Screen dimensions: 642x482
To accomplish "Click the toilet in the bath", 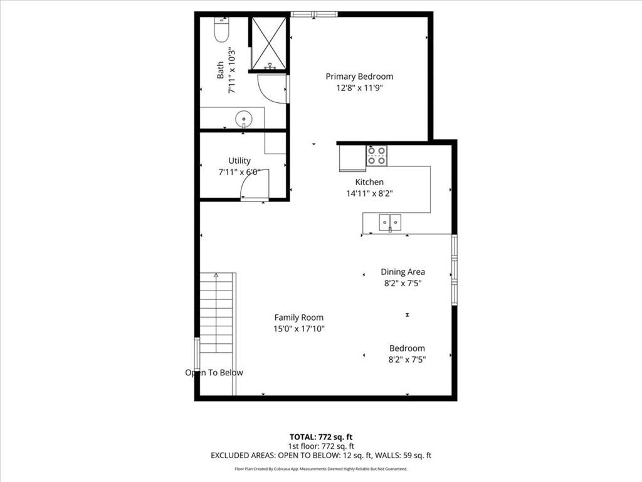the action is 221,29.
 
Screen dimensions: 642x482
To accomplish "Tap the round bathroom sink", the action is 244,119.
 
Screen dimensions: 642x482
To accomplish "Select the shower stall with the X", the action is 268,43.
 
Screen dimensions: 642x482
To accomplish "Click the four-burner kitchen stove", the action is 377,156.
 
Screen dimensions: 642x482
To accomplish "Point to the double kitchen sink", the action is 390,223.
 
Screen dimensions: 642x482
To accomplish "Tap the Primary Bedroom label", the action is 359,76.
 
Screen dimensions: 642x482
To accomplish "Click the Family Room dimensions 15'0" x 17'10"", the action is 299,329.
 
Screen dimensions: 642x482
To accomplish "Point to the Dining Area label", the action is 403,272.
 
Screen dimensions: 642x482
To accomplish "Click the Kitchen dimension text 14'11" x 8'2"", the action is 370,193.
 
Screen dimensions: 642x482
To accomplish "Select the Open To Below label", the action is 214,373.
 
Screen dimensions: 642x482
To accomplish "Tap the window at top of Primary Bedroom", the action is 314,14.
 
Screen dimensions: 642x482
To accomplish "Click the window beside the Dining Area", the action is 454,270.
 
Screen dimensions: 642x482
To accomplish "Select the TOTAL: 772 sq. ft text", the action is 321,437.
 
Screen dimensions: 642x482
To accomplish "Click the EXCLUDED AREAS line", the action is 321,456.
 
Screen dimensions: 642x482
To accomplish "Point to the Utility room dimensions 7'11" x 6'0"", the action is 239,172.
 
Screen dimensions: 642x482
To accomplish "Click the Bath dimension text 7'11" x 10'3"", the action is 232,70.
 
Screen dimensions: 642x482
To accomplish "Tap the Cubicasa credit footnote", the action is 321,469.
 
